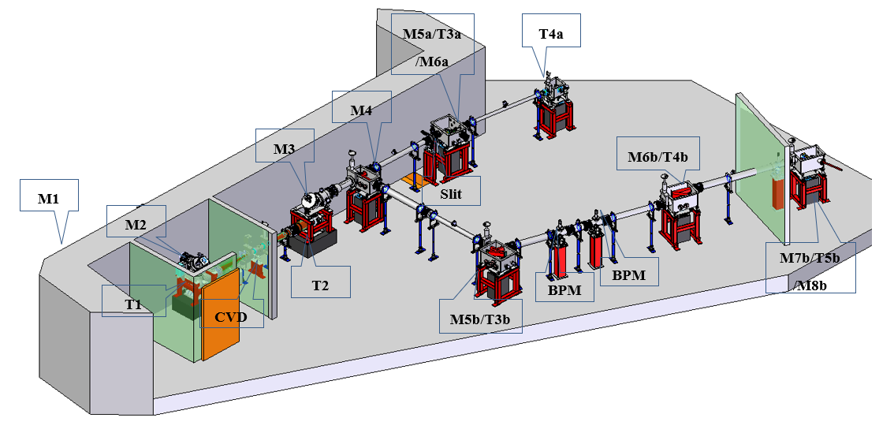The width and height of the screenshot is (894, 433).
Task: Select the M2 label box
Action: pyautogui.click(x=137, y=225)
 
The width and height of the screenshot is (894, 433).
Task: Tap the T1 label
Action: pyautogui.click(x=134, y=300)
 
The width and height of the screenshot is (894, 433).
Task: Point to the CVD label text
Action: pyautogui.click(x=231, y=318)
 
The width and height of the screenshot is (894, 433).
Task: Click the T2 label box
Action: pyautogui.click(x=320, y=285)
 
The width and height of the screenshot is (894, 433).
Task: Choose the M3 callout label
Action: pyautogui.click(x=284, y=149)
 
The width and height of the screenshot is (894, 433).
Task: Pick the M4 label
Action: pyautogui.click(x=361, y=111)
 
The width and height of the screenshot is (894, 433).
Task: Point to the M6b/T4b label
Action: pyautogui.click(x=654, y=156)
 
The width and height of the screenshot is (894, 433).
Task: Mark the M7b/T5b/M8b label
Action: pyautogui.click(x=809, y=271)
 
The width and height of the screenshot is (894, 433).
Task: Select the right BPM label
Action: pyautogui.click(x=628, y=276)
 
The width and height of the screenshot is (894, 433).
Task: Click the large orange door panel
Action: pyautogui.click(x=220, y=308)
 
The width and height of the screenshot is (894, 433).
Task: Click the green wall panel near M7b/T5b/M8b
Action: pyautogui.click(x=758, y=166)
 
